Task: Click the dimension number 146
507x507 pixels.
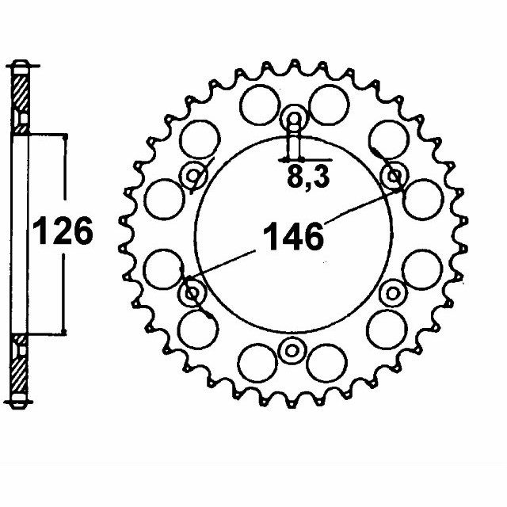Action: click(293, 236)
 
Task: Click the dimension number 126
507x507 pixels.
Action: click(63, 231)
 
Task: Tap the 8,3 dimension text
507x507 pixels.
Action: click(308, 177)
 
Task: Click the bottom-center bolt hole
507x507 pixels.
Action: click(292, 350)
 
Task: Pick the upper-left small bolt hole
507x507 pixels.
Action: click(193, 176)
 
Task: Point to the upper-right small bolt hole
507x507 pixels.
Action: click(394, 177)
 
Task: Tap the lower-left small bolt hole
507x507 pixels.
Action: click(192, 293)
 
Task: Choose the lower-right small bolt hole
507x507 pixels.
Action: click(393, 294)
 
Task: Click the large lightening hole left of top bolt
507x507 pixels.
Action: click(259, 105)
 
